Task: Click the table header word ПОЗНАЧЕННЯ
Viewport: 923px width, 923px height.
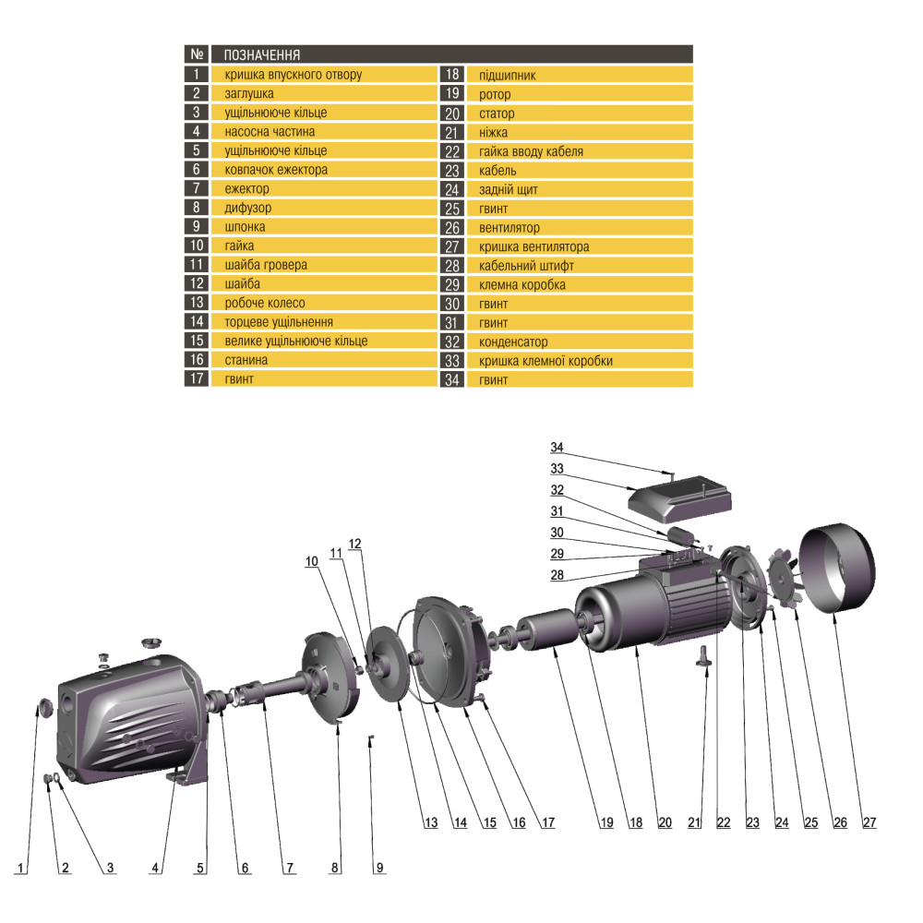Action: (262, 54)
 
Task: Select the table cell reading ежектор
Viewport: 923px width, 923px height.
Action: (247, 188)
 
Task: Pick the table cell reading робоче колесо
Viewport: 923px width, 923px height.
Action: (264, 303)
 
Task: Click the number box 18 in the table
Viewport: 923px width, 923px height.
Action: (451, 76)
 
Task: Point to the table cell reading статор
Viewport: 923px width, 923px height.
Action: (497, 114)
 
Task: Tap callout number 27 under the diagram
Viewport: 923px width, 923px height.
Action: (869, 822)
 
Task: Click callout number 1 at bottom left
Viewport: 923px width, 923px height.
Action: (20, 868)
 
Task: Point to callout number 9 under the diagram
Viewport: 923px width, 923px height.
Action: (378, 868)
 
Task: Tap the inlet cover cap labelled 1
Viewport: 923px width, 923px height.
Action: (42, 709)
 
